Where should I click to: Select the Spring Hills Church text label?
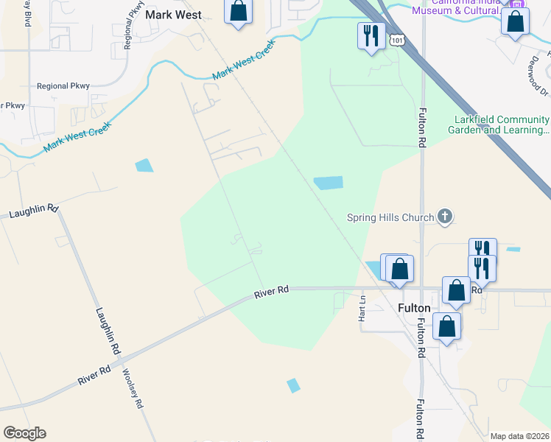click(390, 217)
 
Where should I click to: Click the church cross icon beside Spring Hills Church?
click(444, 217)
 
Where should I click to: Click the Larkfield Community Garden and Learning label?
click(499, 124)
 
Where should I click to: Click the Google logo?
click(24, 433)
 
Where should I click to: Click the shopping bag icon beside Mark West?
click(238, 11)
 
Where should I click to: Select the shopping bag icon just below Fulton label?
click(447, 326)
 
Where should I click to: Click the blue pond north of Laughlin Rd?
click(144, 166)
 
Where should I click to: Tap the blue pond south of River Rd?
click(294, 385)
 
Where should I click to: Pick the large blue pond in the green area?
click(329, 183)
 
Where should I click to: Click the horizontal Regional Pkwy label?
click(63, 86)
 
